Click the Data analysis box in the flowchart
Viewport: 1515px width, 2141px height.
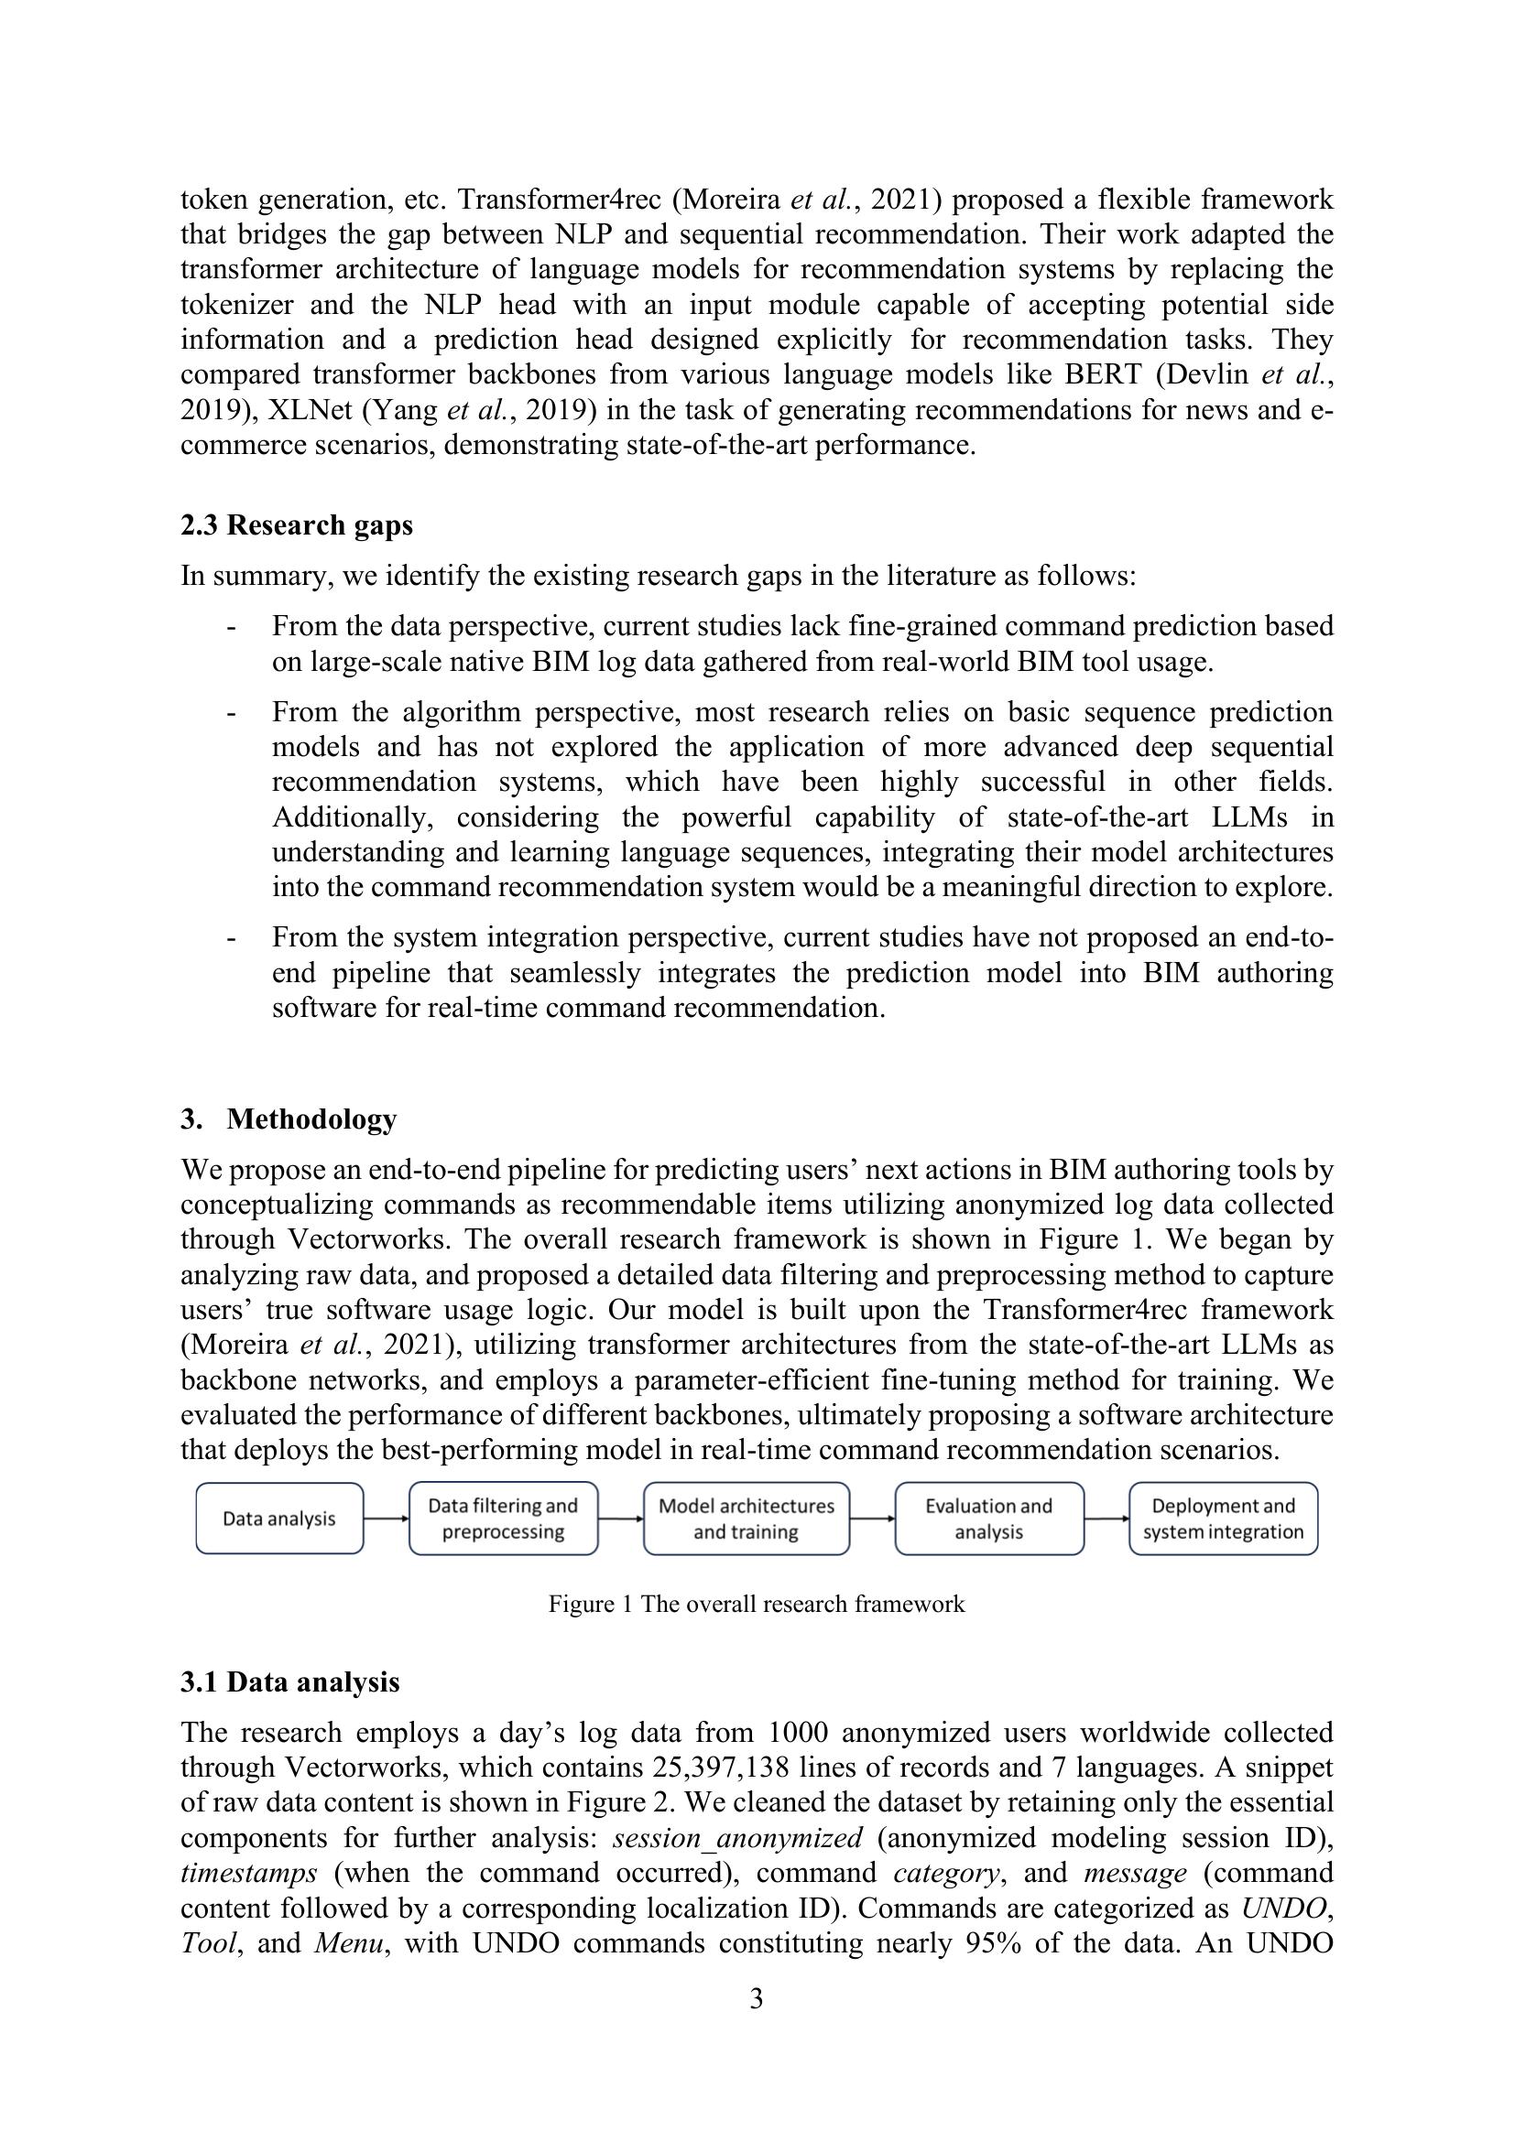(279, 1518)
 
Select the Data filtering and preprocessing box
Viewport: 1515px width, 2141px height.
(503, 1518)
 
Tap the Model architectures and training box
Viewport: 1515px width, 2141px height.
(747, 1518)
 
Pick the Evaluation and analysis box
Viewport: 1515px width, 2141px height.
(989, 1518)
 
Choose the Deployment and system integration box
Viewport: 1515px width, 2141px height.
(1223, 1518)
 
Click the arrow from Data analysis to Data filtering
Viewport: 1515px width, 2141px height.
(386, 1518)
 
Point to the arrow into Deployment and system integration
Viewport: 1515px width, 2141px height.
(1106, 1518)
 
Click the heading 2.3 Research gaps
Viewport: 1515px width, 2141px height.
(297, 525)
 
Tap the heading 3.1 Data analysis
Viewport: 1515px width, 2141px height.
(290, 1681)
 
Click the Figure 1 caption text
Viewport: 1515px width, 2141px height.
(757, 1604)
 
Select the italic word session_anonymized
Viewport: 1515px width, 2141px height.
(738, 1838)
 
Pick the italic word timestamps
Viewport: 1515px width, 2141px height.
(248, 1873)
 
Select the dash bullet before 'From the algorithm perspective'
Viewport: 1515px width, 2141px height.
(231, 713)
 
